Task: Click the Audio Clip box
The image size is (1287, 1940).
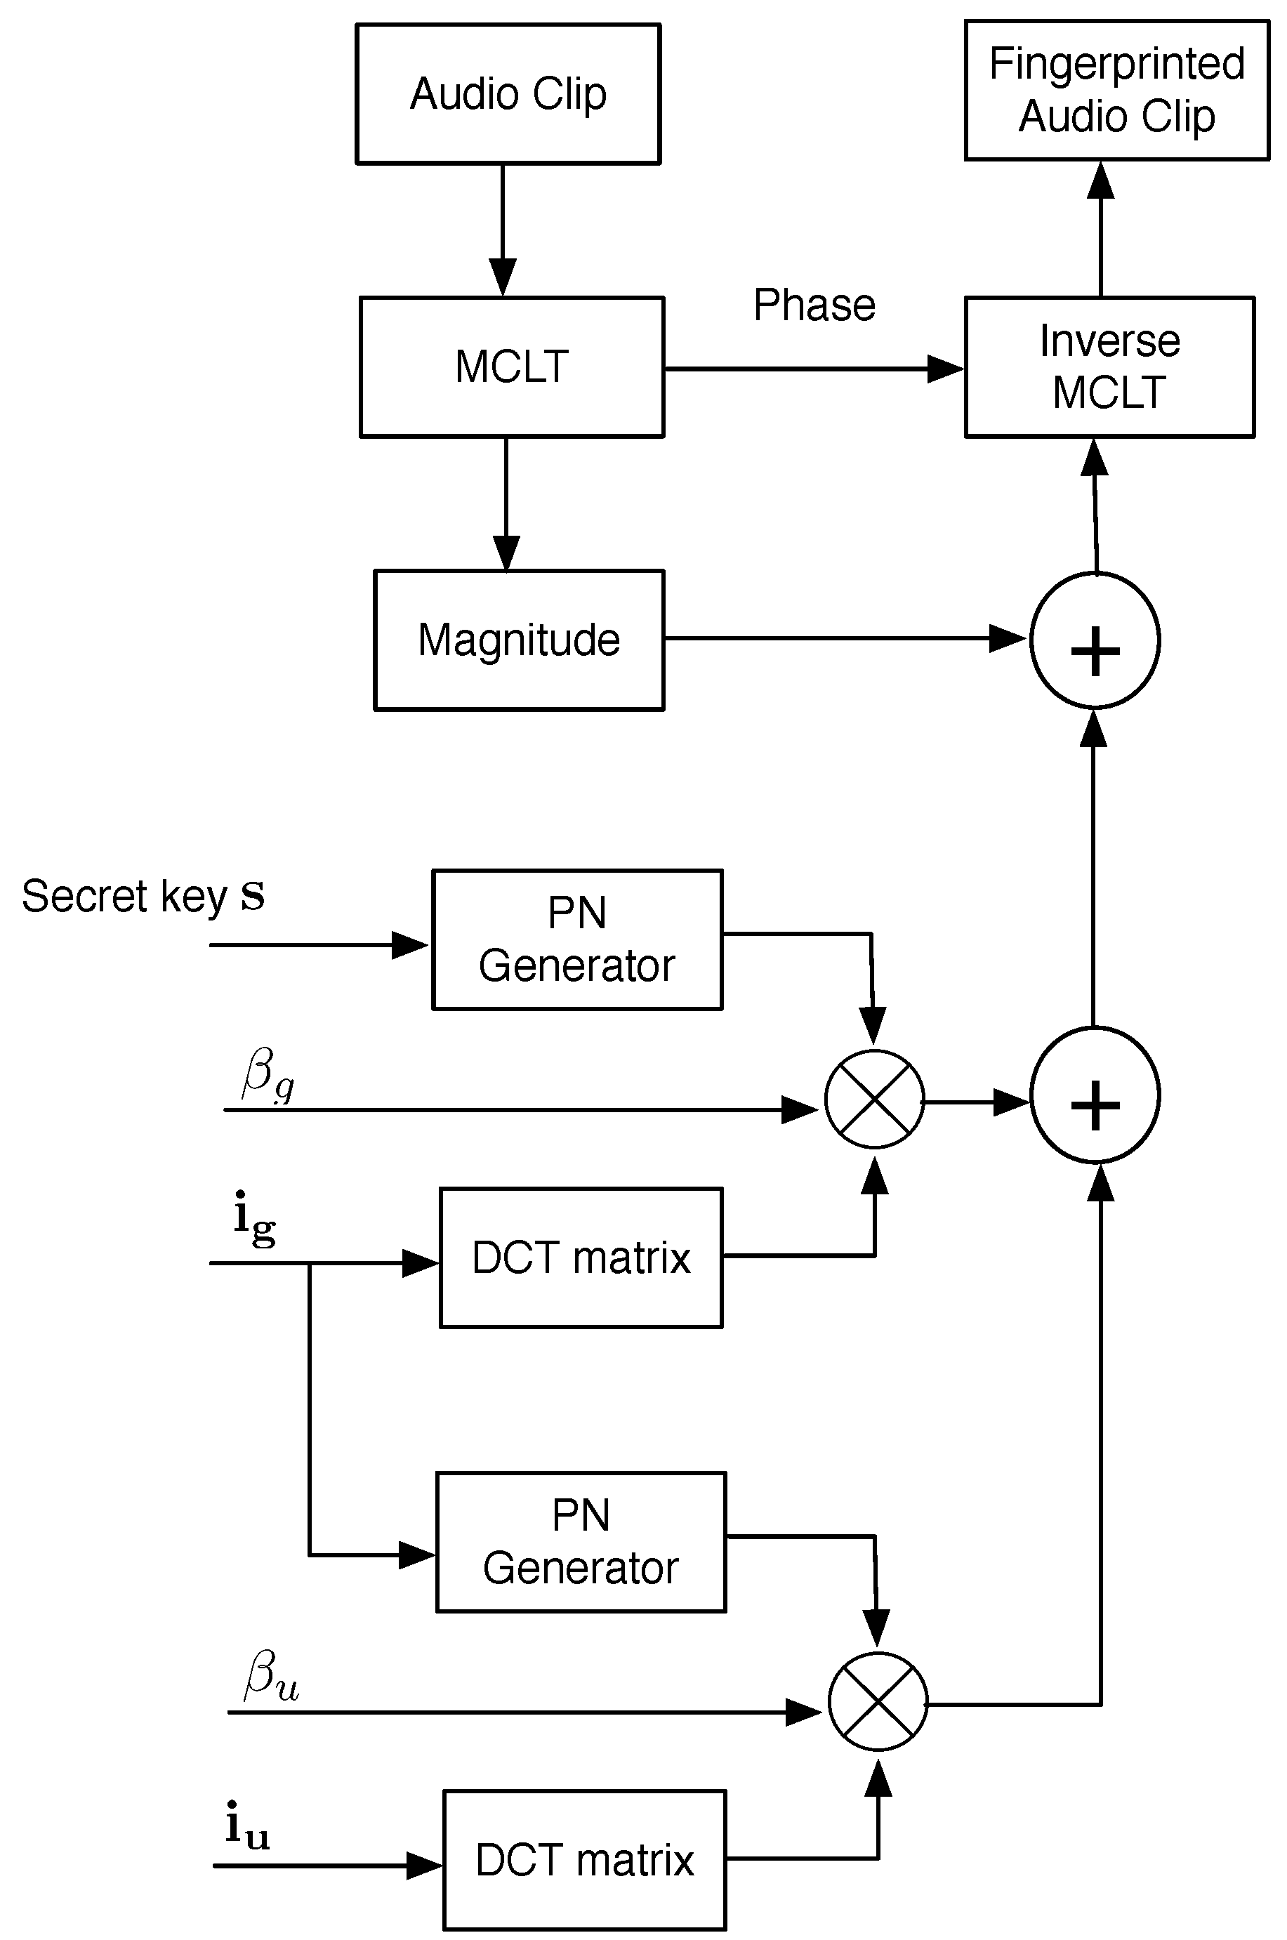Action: (x=508, y=93)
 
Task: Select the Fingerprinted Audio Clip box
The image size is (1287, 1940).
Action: (x=1116, y=91)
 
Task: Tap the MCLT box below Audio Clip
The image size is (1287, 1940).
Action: (x=511, y=367)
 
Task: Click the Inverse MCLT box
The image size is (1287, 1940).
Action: (x=1109, y=367)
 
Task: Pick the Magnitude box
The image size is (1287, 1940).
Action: (x=519, y=640)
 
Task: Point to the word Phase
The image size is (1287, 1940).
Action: (x=814, y=305)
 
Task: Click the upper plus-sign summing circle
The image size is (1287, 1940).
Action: (x=1094, y=640)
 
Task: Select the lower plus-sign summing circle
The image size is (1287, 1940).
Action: (x=1094, y=1095)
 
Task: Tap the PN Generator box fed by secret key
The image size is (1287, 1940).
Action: (x=577, y=939)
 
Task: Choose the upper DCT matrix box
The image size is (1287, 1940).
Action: (x=581, y=1258)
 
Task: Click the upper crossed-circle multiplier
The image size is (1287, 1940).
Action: (x=874, y=1099)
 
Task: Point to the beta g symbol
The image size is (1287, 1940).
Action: (x=268, y=1075)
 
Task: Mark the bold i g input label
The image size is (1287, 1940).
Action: (x=253, y=1219)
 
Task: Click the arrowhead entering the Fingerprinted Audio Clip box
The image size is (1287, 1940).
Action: (x=1100, y=180)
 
